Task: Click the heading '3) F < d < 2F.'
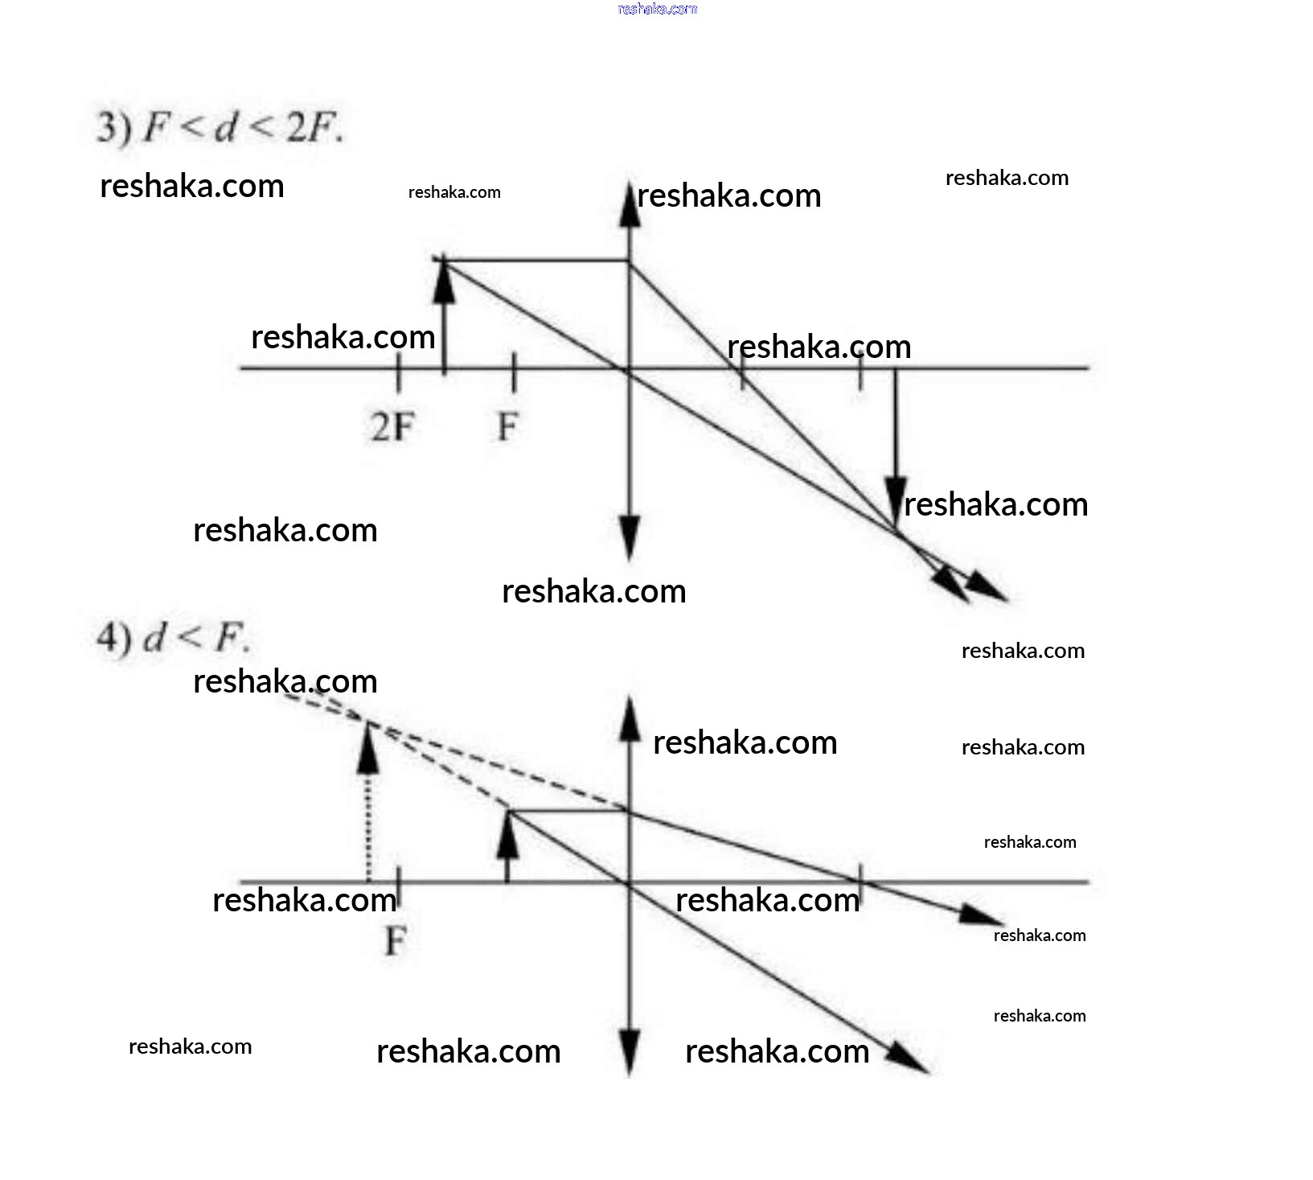click(x=220, y=127)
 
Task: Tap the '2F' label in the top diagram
click(x=392, y=426)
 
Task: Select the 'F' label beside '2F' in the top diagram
click(x=507, y=426)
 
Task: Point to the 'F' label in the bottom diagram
click(x=396, y=940)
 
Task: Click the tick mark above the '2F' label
click(x=398, y=372)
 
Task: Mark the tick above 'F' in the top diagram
click(x=514, y=372)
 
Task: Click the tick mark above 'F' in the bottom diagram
click(x=399, y=885)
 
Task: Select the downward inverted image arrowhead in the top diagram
click(x=896, y=503)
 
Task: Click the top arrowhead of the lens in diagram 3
click(x=630, y=207)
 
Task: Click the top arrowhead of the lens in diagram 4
click(x=630, y=718)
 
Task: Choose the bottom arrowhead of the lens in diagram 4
click(x=630, y=1052)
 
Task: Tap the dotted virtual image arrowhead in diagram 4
click(x=367, y=748)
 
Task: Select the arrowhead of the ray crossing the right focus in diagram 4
click(x=981, y=915)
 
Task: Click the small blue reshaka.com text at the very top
click(x=657, y=9)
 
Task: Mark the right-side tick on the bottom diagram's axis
click(x=861, y=883)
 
